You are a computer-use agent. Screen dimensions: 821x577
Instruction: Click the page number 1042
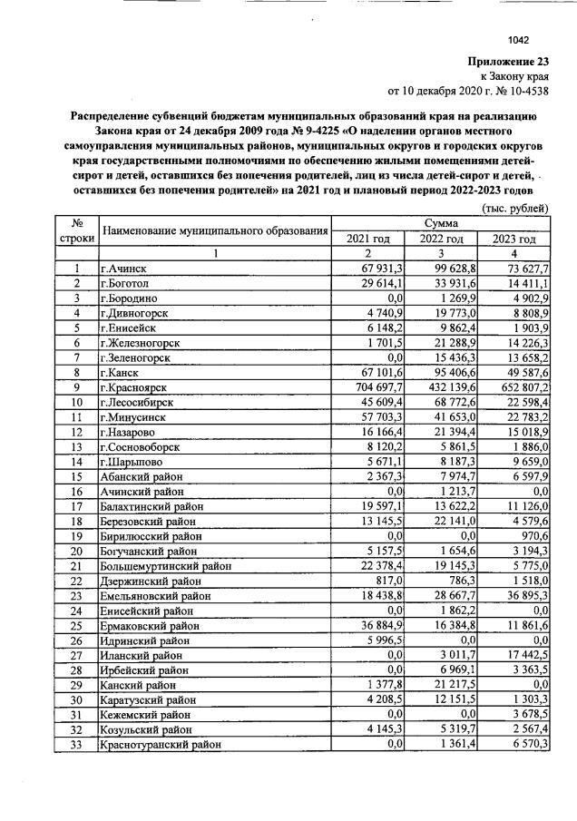(518, 41)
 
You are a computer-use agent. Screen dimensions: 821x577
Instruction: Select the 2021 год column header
(367, 239)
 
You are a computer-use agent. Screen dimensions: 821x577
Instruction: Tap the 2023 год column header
(513, 239)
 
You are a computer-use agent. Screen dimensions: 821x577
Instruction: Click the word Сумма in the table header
(441, 223)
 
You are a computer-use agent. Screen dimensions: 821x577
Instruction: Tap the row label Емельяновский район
(156, 596)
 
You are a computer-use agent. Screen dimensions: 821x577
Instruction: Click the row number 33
(79, 744)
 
